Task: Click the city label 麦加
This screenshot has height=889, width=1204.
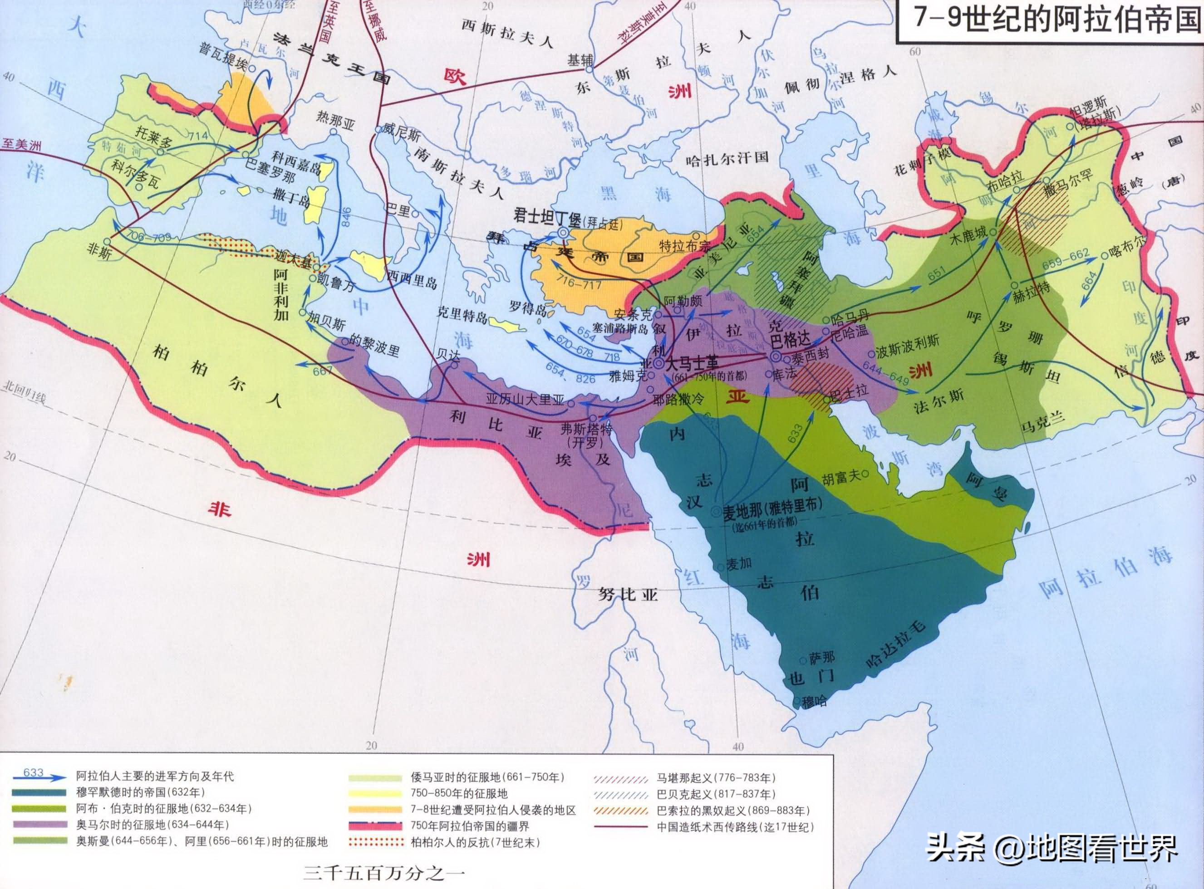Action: pos(739,564)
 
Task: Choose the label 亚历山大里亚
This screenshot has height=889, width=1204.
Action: pos(525,400)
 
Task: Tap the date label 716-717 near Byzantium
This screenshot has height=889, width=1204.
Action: pos(579,283)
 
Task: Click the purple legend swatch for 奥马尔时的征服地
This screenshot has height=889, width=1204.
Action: pos(43,825)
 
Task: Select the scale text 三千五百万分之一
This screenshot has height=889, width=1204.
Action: pos(383,872)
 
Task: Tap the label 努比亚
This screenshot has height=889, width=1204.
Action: pos(628,595)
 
